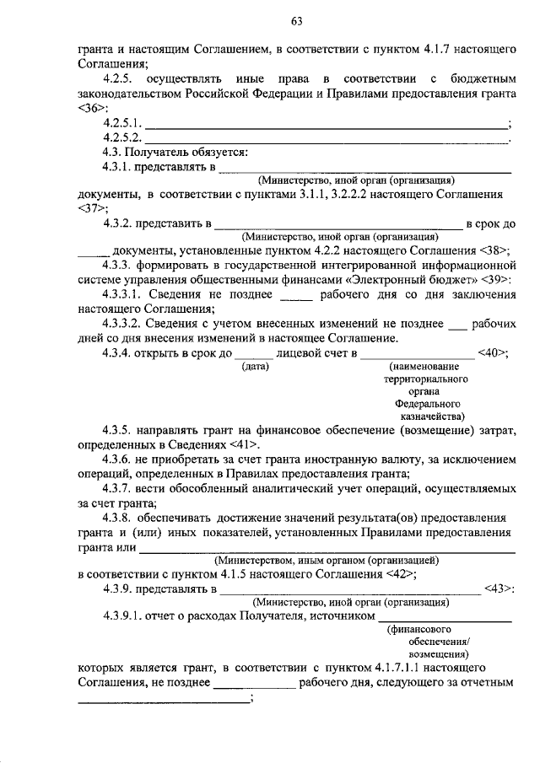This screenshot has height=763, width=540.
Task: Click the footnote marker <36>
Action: pos(92,110)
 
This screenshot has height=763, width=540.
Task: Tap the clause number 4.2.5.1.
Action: pos(122,124)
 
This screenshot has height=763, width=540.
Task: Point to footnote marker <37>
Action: pos(92,207)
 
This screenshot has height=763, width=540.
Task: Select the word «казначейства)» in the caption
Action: pos(429,416)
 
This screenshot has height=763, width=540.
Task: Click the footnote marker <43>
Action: pos(499,589)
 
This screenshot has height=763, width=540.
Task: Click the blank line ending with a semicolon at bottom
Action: pos(163,699)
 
